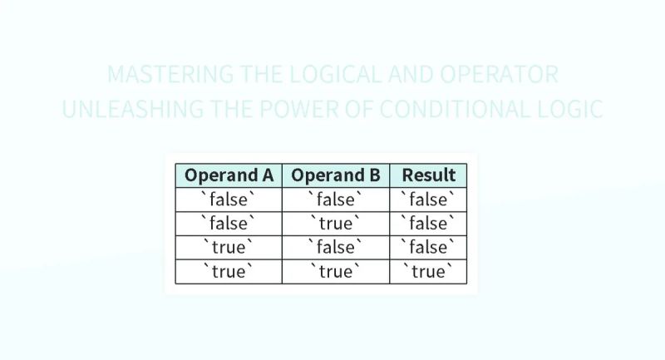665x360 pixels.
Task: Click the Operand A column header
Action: coord(229,175)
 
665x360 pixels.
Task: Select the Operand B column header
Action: coord(336,175)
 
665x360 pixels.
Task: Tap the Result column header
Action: coord(428,175)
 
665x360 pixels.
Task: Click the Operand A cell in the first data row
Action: coord(229,200)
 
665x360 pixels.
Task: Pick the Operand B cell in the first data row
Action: coord(336,200)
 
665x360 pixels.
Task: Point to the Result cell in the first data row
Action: coord(428,200)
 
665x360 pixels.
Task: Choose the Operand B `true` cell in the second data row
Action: coord(336,224)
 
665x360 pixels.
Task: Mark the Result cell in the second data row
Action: coord(428,224)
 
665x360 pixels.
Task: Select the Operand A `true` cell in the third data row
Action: coord(229,248)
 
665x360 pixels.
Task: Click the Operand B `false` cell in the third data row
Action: coord(336,248)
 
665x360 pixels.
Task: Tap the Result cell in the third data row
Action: coord(428,248)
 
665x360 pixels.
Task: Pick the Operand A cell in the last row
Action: coord(229,272)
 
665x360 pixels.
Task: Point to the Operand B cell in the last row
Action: coord(336,272)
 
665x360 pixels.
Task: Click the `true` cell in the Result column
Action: coord(428,272)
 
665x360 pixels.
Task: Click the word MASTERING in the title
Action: coord(160,75)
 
